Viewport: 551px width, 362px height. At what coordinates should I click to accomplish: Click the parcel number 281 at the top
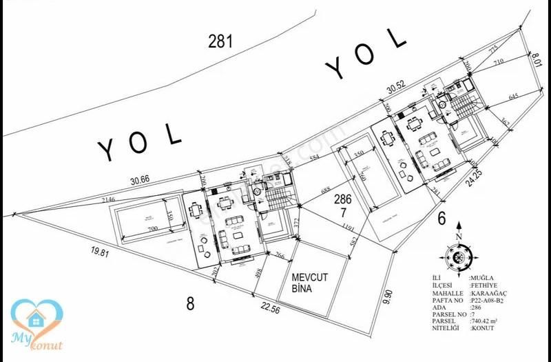(x=220, y=41)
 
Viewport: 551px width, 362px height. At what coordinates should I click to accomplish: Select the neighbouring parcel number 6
(x=441, y=219)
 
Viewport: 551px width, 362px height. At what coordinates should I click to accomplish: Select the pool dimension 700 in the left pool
(x=153, y=228)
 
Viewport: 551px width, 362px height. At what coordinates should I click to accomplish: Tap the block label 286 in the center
(x=343, y=200)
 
